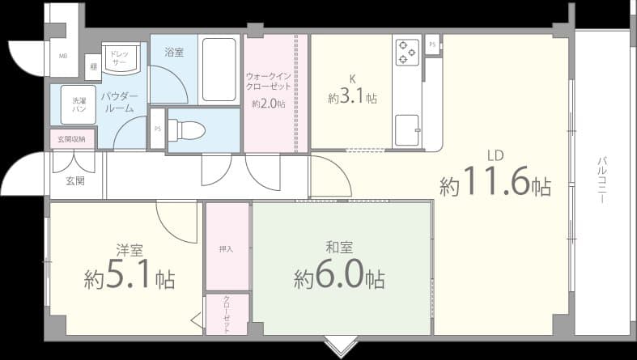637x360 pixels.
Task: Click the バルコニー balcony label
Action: click(x=603, y=180)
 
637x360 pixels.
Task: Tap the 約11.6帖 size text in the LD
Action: click(x=495, y=185)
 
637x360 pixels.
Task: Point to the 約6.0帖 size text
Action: click(x=339, y=278)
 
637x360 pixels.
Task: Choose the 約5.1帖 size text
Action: click(x=130, y=278)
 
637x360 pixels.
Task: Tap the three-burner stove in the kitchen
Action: click(x=406, y=52)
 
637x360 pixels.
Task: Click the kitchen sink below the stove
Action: click(x=406, y=129)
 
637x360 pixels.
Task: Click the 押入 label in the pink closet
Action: click(x=227, y=248)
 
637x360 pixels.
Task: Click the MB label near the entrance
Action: click(x=62, y=56)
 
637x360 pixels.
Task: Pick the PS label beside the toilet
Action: click(x=158, y=129)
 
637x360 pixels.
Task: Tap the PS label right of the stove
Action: click(x=432, y=44)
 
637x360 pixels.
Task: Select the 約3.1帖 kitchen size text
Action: click(x=352, y=98)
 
